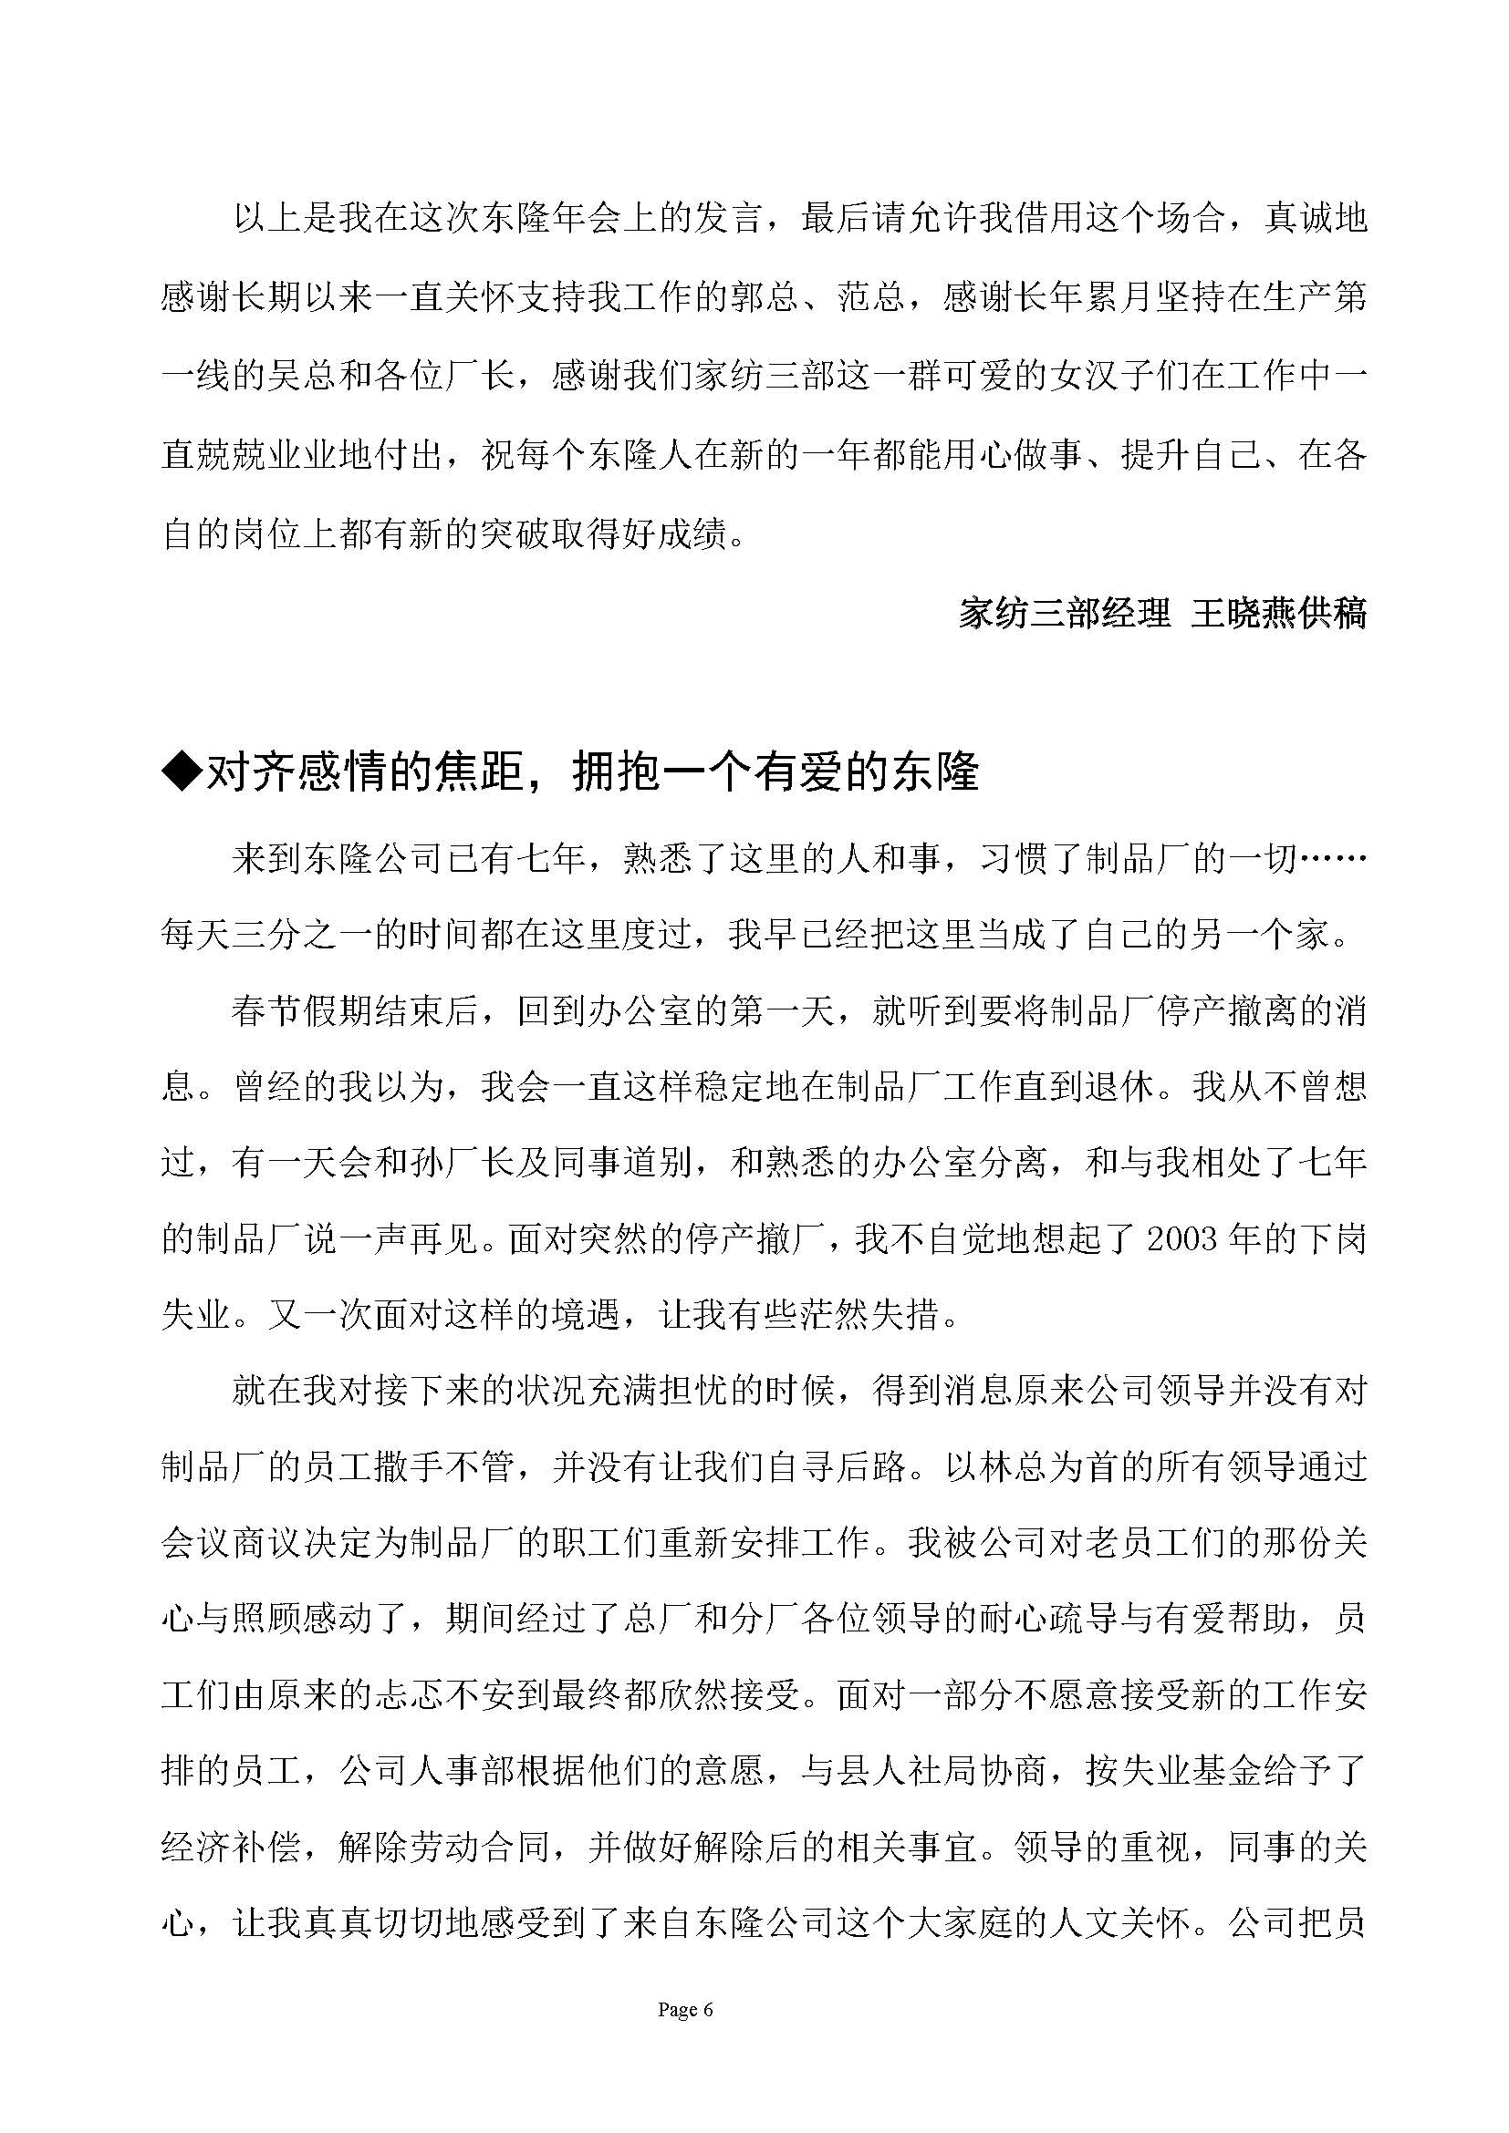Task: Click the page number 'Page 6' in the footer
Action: click(685, 2010)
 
